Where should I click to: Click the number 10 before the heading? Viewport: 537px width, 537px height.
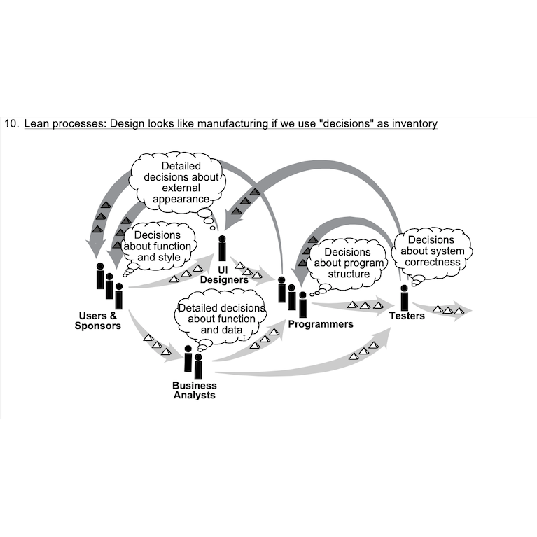[x=11, y=124]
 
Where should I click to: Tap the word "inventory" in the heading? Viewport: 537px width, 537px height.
[x=413, y=124]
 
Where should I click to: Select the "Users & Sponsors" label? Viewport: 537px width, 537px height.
[x=98, y=321]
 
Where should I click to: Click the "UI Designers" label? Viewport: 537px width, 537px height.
[x=224, y=274]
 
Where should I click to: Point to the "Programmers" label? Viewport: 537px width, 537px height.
[x=321, y=324]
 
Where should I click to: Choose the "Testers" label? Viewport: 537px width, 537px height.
[x=407, y=316]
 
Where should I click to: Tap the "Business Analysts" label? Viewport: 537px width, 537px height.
[x=195, y=390]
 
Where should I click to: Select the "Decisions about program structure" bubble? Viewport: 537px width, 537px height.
[x=349, y=263]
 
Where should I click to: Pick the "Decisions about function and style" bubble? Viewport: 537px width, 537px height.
[x=157, y=246]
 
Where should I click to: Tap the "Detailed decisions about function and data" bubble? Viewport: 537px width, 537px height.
[x=221, y=319]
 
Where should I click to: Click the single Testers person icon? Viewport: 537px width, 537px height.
[x=404, y=298]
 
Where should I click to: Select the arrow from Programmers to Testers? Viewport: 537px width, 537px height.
[x=350, y=306]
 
